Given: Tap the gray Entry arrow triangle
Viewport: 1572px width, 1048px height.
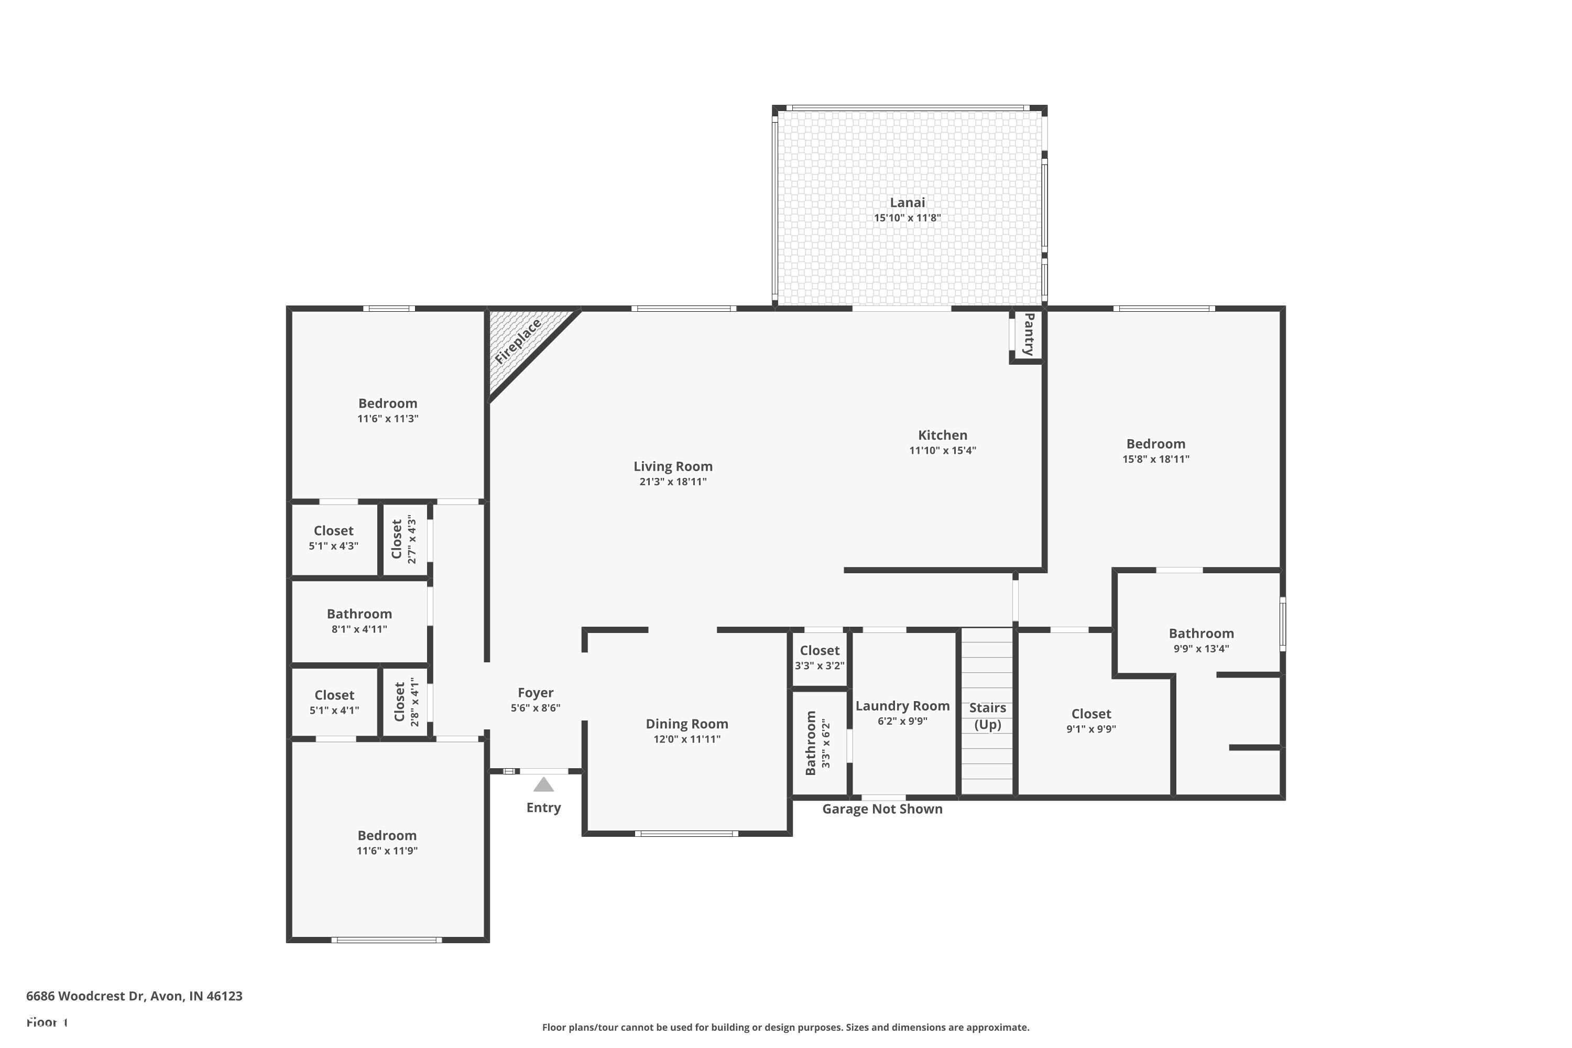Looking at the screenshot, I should pyautogui.click(x=543, y=784).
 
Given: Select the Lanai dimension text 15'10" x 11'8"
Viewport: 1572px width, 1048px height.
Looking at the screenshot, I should pyautogui.click(x=907, y=218).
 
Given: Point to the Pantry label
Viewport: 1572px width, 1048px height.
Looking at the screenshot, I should pyautogui.click(x=1029, y=334).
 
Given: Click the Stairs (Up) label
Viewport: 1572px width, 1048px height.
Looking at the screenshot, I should pyautogui.click(x=987, y=716).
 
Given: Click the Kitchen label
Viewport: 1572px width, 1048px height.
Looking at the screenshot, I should pyautogui.click(x=942, y=435).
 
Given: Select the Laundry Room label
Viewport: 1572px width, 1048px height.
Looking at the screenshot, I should pyautogui.click(x=902, y=706).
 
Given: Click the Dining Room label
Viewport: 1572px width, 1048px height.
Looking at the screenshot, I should pyautogui.click(x=686, y=724).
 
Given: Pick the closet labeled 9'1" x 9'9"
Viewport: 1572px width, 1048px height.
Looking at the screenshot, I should pyautogui.click(x=1091, y=720).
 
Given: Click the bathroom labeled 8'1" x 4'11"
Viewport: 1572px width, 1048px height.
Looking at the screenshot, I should pyautogui.click(x=359, y=620).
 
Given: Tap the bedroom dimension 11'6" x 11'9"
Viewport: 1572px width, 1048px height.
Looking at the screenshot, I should pyautogui.click(x=387, y=851).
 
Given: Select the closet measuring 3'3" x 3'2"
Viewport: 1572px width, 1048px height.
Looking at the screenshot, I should pyautogui.click(x=820, y=658).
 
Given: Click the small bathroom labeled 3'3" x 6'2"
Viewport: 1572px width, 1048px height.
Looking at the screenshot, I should pyautogui.click(x=817, y=743).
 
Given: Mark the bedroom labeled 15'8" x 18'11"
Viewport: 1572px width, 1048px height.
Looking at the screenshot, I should pyautogui.click(x=1155, y=451).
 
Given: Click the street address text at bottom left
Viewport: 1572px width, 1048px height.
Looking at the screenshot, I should pyautogui.click(x=134, y=996).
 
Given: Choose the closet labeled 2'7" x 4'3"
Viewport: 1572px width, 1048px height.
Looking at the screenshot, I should pyautogui.click(x=403, y=539).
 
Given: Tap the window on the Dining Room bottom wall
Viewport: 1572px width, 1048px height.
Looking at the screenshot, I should pyautogui.click(x=686, y=834).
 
